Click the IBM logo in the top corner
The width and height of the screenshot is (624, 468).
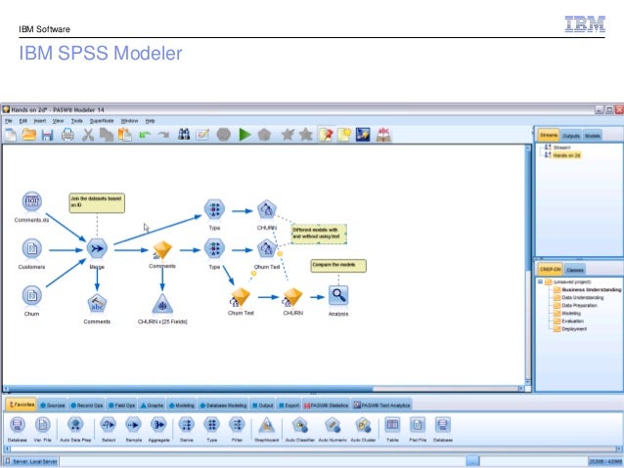585,23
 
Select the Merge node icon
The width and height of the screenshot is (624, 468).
97,248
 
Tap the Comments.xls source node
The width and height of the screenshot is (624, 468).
31,202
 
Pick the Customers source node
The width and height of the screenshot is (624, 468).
31,248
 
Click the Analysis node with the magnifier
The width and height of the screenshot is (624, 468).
338,294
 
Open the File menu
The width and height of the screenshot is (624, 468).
9,119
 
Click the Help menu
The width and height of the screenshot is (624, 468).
151,119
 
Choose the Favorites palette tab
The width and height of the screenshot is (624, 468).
22,404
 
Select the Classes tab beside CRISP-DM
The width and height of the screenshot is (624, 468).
575,270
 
